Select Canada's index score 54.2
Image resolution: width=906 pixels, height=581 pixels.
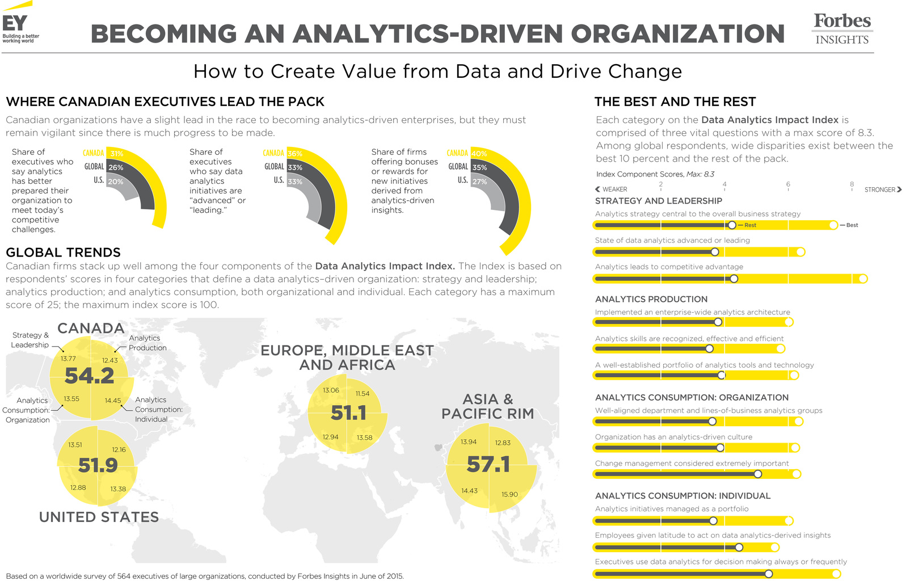click(90, 376)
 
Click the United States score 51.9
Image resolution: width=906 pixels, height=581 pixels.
click(98, 465)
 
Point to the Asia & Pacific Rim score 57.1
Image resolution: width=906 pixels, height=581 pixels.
click(488, 465)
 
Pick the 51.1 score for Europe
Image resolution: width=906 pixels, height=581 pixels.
click(348, 413)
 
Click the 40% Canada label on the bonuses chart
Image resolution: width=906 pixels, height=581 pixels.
click(479, 154)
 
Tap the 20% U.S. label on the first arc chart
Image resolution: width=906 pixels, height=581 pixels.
click(116, 182)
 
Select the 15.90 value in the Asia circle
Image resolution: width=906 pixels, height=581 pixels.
click(509, 494)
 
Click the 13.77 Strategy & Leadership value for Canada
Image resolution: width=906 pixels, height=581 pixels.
click(68, 359)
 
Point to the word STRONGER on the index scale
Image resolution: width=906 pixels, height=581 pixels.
click(880, 190)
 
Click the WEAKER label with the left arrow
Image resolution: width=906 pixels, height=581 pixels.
click(612, 190)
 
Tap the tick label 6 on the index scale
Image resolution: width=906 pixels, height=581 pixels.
click(788, 184)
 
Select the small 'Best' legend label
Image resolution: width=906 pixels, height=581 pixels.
click(852, 225)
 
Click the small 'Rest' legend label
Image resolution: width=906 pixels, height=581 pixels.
click(750, 225)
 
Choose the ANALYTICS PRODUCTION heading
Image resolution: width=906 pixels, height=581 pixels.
click(651, 299)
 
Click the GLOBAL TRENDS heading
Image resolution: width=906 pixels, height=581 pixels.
click(63, 252)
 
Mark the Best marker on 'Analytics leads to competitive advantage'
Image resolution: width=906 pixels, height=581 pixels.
click(863, 279)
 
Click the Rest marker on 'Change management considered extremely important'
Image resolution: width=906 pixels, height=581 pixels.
click(758, 474)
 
